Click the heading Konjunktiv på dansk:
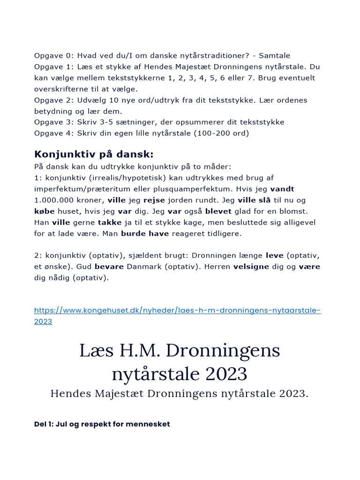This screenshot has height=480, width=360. [x=94, y=154]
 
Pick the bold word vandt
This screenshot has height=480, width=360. [x=282, y=189]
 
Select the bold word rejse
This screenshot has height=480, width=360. [x=155, y=200]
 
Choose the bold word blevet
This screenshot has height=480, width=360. [x=218, y=211]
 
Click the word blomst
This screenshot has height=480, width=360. [x=294, y=211]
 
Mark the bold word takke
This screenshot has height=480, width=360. [x=110, y=222]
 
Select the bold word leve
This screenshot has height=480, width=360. [x=275, y=255]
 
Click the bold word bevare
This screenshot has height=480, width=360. [x=109, y=266]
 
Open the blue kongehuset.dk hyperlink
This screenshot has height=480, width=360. [x=177, y=310]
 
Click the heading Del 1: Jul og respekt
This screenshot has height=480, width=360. [x=102, y=424]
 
